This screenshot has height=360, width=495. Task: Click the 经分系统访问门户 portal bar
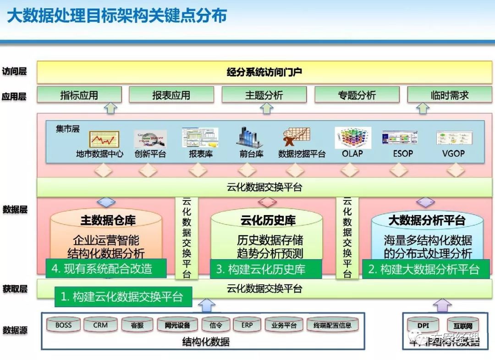point(264,72)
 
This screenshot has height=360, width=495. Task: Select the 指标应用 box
point(79,95)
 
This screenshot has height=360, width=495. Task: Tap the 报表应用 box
point(171,95)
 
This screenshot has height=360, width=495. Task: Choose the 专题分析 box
point(357,95)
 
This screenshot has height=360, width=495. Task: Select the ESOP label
point(403,154)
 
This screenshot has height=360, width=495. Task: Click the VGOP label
point(453,154)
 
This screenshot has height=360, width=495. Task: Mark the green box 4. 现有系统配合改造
point(106,268)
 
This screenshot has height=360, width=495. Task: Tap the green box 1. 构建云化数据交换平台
point(123,297)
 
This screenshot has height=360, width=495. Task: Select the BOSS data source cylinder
point(64,325)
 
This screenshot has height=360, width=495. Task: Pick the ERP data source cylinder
point(247,325)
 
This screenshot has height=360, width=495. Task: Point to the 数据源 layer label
point(15,330)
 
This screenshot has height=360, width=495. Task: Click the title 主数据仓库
point(108,221)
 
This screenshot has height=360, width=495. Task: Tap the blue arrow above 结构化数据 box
point(207,305)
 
